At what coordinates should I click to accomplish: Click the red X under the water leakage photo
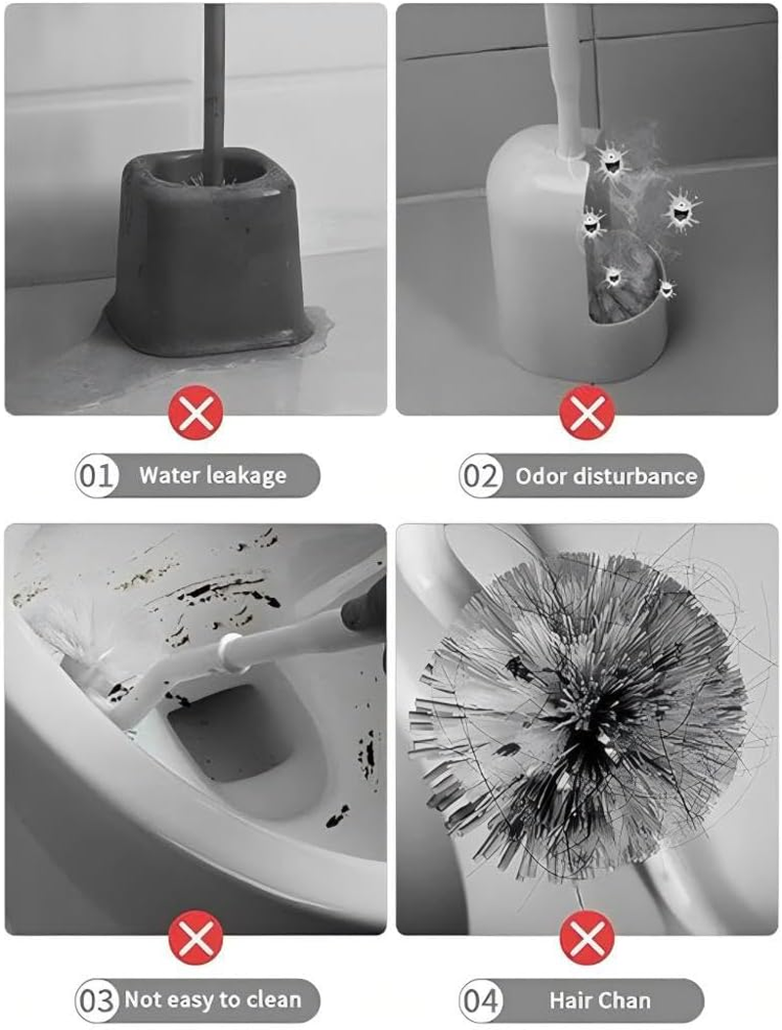coord(196,412)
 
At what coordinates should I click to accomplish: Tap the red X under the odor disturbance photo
coord(586,412)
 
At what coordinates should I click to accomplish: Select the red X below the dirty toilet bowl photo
coord(196,939)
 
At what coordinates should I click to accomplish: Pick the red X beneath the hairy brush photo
coord(586,939)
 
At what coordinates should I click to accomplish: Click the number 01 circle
coord(97,476)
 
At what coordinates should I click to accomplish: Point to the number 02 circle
coord(481,476)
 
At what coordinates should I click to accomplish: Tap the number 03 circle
coord(97,1001)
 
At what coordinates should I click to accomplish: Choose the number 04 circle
coord(481,1001)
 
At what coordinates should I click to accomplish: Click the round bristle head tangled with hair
coord(577,704)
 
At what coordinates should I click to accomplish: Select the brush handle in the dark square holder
coord(213,78)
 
